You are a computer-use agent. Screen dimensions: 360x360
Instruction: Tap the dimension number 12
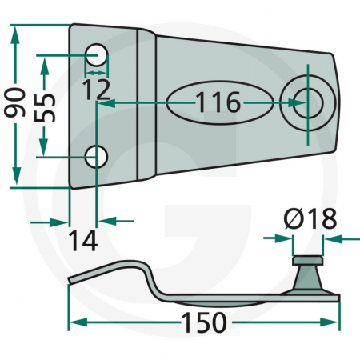[x=97, y=88]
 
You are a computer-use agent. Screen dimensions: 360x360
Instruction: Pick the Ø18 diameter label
[x=304, y=218]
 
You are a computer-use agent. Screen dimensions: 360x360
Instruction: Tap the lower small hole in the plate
[x=98, y=156]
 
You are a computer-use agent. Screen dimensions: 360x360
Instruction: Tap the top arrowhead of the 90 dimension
[x=14, y=30]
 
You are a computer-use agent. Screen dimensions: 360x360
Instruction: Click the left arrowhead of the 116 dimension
[x=102, y=103]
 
